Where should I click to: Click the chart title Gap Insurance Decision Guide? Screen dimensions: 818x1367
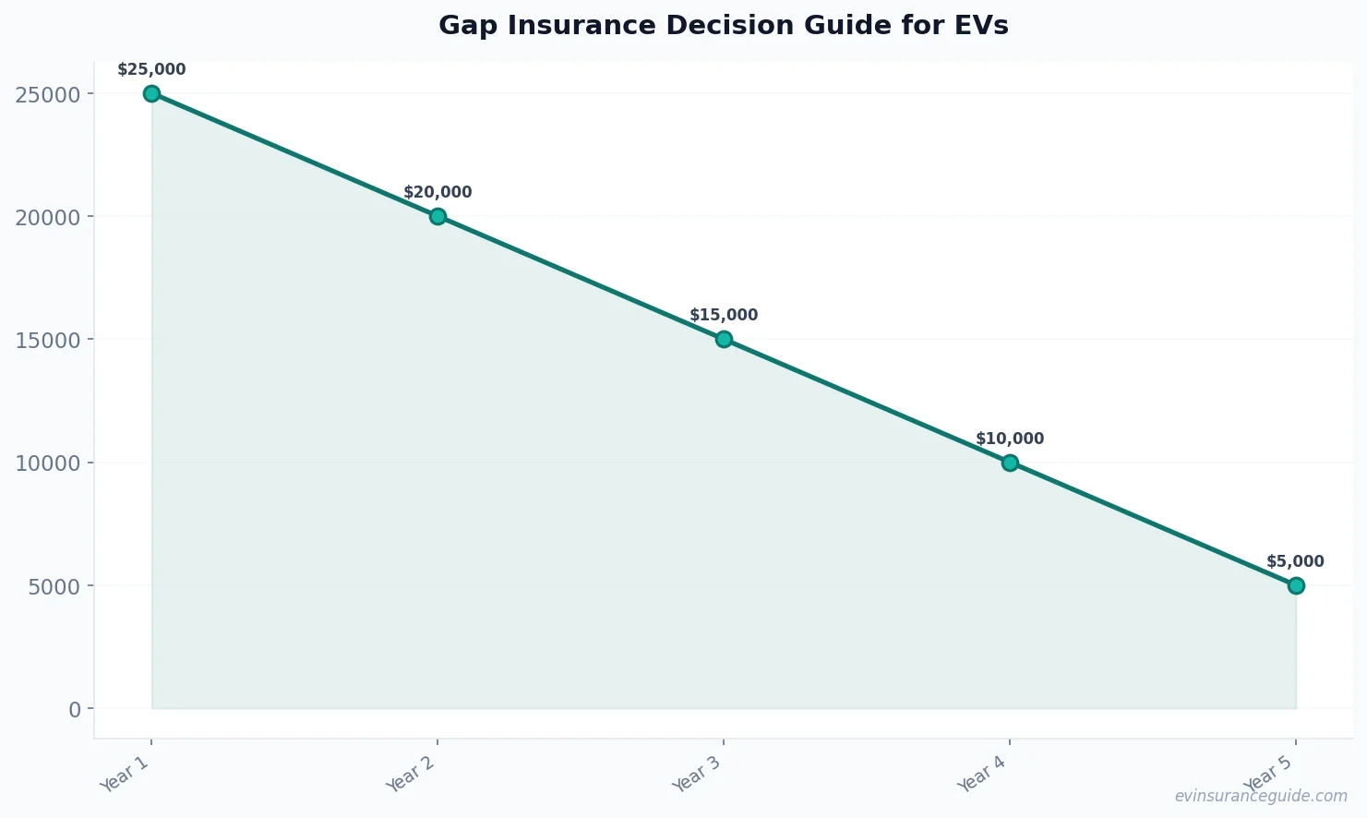(723, 26)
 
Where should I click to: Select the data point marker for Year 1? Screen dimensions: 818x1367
(151, 93)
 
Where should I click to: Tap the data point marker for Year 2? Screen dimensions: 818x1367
(438, 216)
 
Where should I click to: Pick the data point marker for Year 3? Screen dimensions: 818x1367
(724, 339)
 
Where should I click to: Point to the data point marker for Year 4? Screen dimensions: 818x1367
(1010, 463)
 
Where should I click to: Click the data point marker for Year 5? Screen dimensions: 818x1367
(1296, 585)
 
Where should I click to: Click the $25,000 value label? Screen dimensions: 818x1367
(151, 69)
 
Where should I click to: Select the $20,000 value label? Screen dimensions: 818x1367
(438, 192)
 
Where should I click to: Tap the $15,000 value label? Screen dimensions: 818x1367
(724, 315)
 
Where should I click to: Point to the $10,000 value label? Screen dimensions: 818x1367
(1010, 439)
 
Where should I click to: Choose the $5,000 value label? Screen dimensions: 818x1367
(1295, 561)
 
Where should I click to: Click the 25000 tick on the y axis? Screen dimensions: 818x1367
(48, 94)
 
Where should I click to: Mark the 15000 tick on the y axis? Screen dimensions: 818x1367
(48, 340)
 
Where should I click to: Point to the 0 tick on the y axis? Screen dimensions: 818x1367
(74, 709)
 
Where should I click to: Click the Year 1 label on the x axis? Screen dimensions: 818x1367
(125, 774)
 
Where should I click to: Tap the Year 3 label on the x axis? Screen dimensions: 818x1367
(697, 774)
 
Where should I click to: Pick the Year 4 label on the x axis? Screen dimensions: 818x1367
(983, 774)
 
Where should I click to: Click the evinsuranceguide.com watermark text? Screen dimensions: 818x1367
(1261, 796)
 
